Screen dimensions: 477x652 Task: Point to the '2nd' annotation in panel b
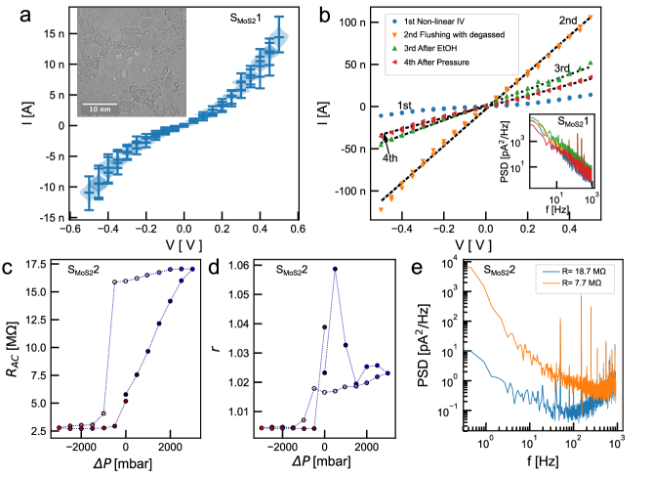click(x=594, y=20)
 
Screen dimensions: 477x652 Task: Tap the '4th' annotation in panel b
click(x=388, y=158)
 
